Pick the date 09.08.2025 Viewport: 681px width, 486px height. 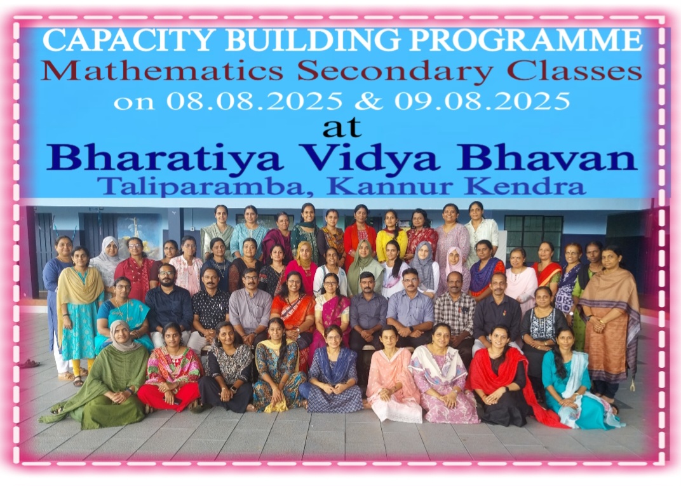point(482,101)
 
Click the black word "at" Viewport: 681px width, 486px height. point(342,127)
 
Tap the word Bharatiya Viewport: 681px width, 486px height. point(165,158)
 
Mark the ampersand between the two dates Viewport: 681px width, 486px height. point(368,101)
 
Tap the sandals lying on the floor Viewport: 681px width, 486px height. point(29,363)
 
